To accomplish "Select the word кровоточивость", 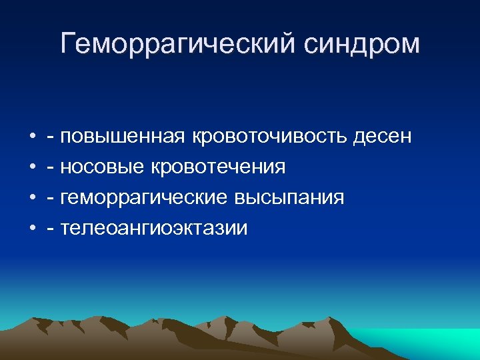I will click(269, 136).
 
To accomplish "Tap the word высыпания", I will click(289, 198).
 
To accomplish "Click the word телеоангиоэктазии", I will click(153, 229).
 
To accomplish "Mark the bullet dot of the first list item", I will click(32, 137).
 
